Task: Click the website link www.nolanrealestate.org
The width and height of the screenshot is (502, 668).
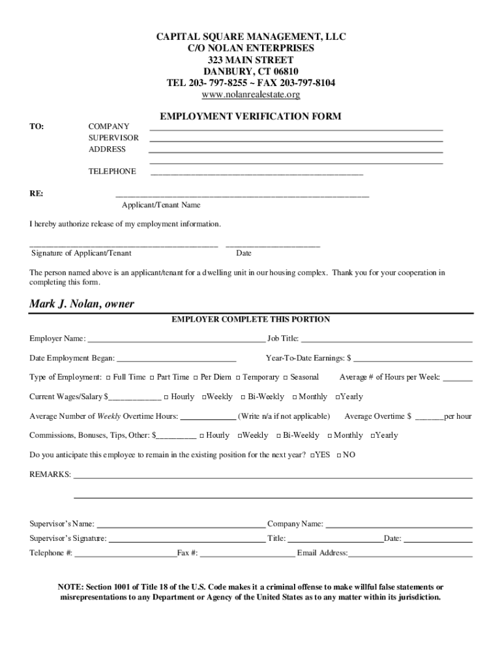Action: [x=251, y=95]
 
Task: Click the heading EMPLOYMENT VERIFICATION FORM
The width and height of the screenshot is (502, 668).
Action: [x=251, y=116]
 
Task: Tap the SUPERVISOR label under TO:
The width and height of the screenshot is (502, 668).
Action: [x=113, y=138]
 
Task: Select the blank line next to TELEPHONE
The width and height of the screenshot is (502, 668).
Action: [x=257, y=174]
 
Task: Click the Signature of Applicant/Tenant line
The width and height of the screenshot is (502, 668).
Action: [x=124, y=245]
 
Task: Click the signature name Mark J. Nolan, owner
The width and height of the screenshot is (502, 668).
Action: [x=81, y=305]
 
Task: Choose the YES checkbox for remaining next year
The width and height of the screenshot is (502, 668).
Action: [x=314, y=455]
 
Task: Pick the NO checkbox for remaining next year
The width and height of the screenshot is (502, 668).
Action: [x=339, y=455]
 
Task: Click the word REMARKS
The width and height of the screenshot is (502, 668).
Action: [x=50, y=474]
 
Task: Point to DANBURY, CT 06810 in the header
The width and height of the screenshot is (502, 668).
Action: [x=251, y=71]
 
